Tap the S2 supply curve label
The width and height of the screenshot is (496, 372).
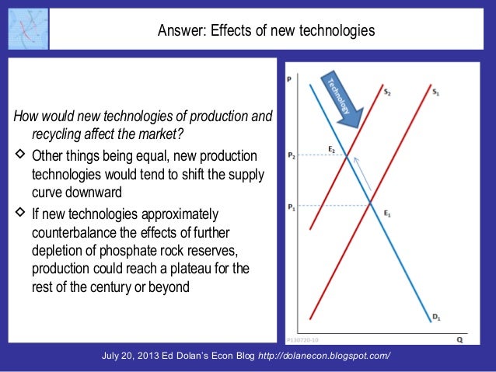point(388,92)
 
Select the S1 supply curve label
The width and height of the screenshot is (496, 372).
point(436,92)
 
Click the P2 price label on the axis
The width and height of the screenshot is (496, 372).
point(292,155)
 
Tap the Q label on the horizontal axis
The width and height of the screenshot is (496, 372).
point(460,339)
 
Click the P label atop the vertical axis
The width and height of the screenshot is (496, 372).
point(290,78)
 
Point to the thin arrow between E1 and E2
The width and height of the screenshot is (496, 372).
point(363,177)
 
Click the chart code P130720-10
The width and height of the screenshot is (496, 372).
point(298,339)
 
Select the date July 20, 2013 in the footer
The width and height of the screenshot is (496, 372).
point(138,356)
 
